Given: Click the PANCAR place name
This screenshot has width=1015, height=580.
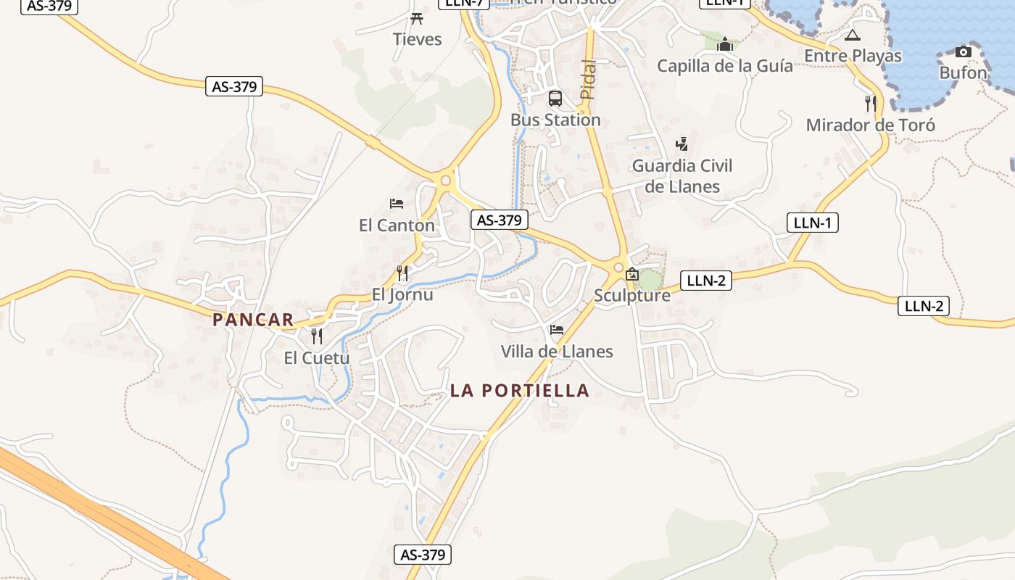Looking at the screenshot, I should point(253,319).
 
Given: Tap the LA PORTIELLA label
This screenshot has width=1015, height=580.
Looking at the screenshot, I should point(519,390).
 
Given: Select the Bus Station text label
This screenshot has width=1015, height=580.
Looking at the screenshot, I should point(555,120).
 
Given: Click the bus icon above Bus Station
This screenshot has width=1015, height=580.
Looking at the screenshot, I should point(555,99).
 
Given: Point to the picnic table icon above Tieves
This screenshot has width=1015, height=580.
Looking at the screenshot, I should point(417,18).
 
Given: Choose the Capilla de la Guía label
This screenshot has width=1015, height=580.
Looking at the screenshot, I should point(724,66).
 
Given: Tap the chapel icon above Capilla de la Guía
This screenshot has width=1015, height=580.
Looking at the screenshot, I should point(724,45).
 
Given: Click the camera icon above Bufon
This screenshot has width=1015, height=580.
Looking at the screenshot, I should point(963,51).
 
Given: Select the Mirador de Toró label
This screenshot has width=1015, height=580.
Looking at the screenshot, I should point(870,125).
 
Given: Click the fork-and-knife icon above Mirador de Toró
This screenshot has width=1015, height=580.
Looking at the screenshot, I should point(870,104).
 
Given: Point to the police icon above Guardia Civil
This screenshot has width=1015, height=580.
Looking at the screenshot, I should point(681,144).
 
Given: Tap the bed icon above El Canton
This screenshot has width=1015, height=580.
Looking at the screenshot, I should point(396,204).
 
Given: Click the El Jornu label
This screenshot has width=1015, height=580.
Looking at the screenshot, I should point(402,294).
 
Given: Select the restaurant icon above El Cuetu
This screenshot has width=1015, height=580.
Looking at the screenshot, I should point(316,336).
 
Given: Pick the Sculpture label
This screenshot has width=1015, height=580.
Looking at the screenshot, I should point(632,295).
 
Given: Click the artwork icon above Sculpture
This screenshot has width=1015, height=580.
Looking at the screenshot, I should point(632,274).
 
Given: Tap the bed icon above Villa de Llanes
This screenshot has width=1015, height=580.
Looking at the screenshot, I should point(557,331).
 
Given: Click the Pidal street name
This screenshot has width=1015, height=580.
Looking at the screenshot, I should point(589,80).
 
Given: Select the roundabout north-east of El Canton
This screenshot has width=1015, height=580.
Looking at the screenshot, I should point(445,181).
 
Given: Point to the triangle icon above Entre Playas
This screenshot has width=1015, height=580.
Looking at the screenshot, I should point(853,35).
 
